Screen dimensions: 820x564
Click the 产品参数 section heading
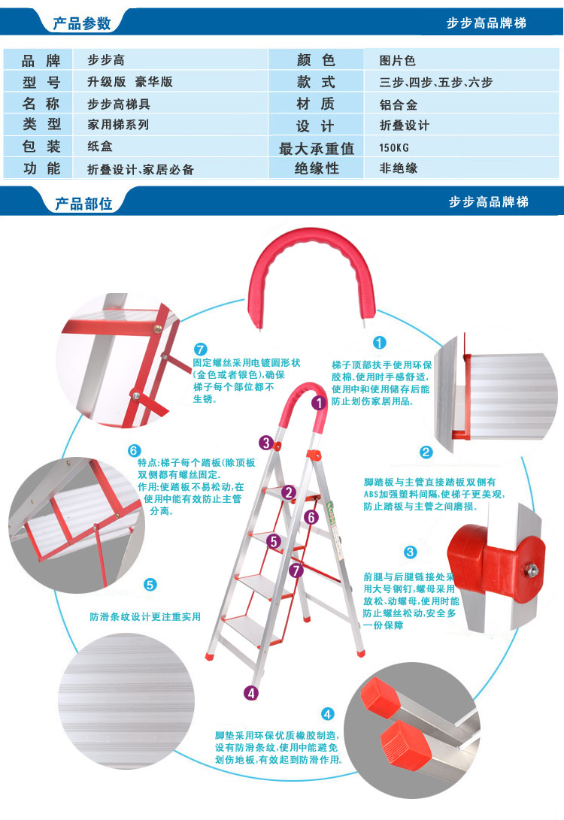(x=81, y=23)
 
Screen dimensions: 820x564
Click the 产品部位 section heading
(x=83, y=203)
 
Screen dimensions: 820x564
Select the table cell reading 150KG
(x=396, y=147)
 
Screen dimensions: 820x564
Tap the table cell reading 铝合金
(x=399, y=104)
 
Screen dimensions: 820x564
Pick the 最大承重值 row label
(x=316, y=148)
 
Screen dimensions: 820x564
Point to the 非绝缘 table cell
(x=399, y=168)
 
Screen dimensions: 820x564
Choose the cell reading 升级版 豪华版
(x=130, y=82)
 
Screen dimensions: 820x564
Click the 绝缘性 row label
(x=316, y=168)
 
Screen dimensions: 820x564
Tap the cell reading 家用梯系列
(x=118, y=125)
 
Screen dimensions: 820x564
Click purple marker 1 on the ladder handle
(x=319, y=403)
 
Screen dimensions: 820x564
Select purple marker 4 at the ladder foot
(x=251, y=693)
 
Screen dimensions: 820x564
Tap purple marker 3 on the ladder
(x=265, y=443)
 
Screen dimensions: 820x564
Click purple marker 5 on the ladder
(x=274, y=540)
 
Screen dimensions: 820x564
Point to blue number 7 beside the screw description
(x=199, y=349)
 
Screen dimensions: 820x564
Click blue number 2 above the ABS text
(x=426, y=452)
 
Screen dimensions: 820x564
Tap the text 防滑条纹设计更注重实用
(x=145, y=616)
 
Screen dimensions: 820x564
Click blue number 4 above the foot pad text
(x=327, y=713)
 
